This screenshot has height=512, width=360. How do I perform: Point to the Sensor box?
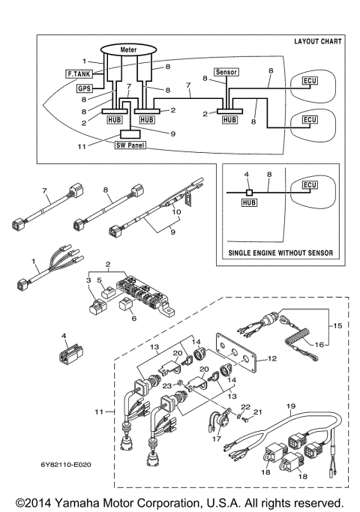pyautogui.click(x=226, y=72)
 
